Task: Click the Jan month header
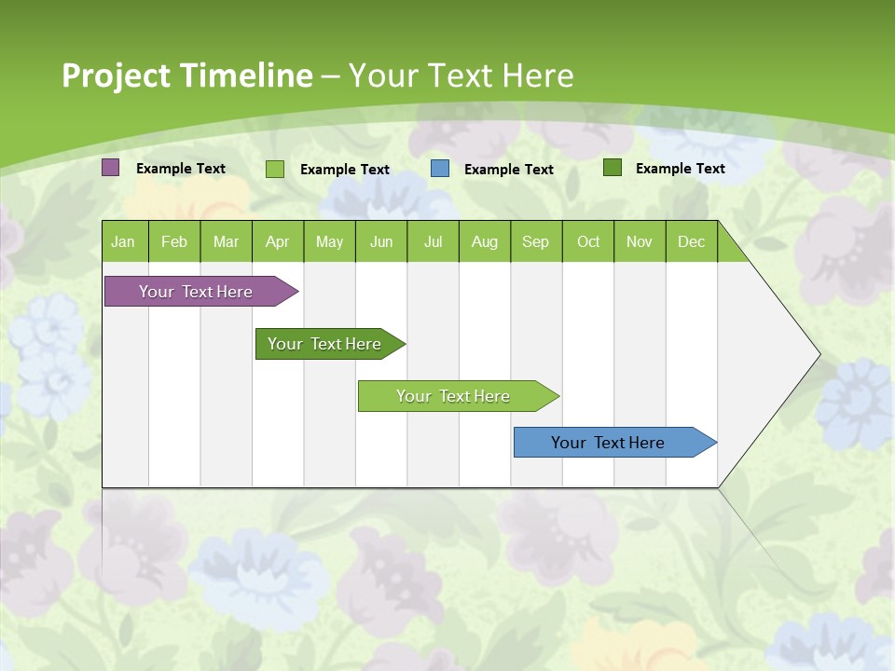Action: pos(124,241)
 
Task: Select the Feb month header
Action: pos(174,241)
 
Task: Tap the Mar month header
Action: pos(226,241)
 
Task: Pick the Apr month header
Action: pos(278,241)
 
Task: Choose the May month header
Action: pos(329,241)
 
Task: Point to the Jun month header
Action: pos(381,241)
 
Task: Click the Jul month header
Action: pos(433,241)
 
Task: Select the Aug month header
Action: pos(485,241)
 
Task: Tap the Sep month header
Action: pos(536,241)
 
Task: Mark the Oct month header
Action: pos(588,241)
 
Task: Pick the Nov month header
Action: pos(640,241)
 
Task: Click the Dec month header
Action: pos(692,241)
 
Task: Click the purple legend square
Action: pos(111,168)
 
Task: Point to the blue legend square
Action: pos(440,169)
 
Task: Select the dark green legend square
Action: pos(613,168)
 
